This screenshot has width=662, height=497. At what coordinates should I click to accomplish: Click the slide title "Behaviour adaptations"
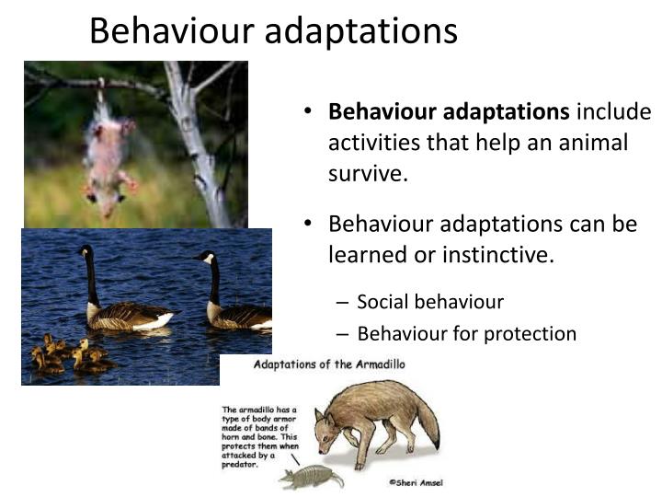click(273, 30)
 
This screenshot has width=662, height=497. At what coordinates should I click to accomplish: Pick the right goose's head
click(205, 257)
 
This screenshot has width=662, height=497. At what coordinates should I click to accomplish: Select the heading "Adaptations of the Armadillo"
click(329, 364)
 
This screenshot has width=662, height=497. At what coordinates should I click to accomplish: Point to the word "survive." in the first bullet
click(368, 174)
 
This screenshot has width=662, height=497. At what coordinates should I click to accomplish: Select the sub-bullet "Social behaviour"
click(430, 301)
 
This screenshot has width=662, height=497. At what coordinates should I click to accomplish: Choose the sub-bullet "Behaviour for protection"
click(466, 333)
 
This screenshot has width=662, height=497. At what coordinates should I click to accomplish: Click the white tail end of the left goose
click(165, 321)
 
